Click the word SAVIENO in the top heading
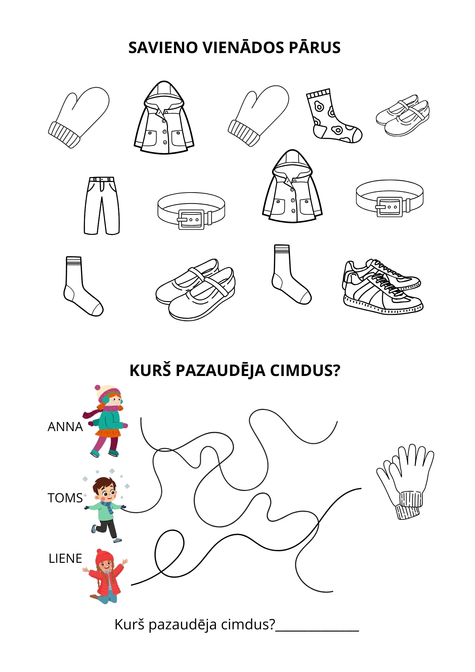pos(163,47)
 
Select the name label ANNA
pos(65,427)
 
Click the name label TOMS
pos(65,498)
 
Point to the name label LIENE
pos(65,558)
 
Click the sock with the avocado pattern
pos(333,116)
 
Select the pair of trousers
pos(101,206)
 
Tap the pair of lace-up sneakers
pos(383,286)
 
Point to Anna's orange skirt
pos(108,432)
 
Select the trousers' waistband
pos(102,179)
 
